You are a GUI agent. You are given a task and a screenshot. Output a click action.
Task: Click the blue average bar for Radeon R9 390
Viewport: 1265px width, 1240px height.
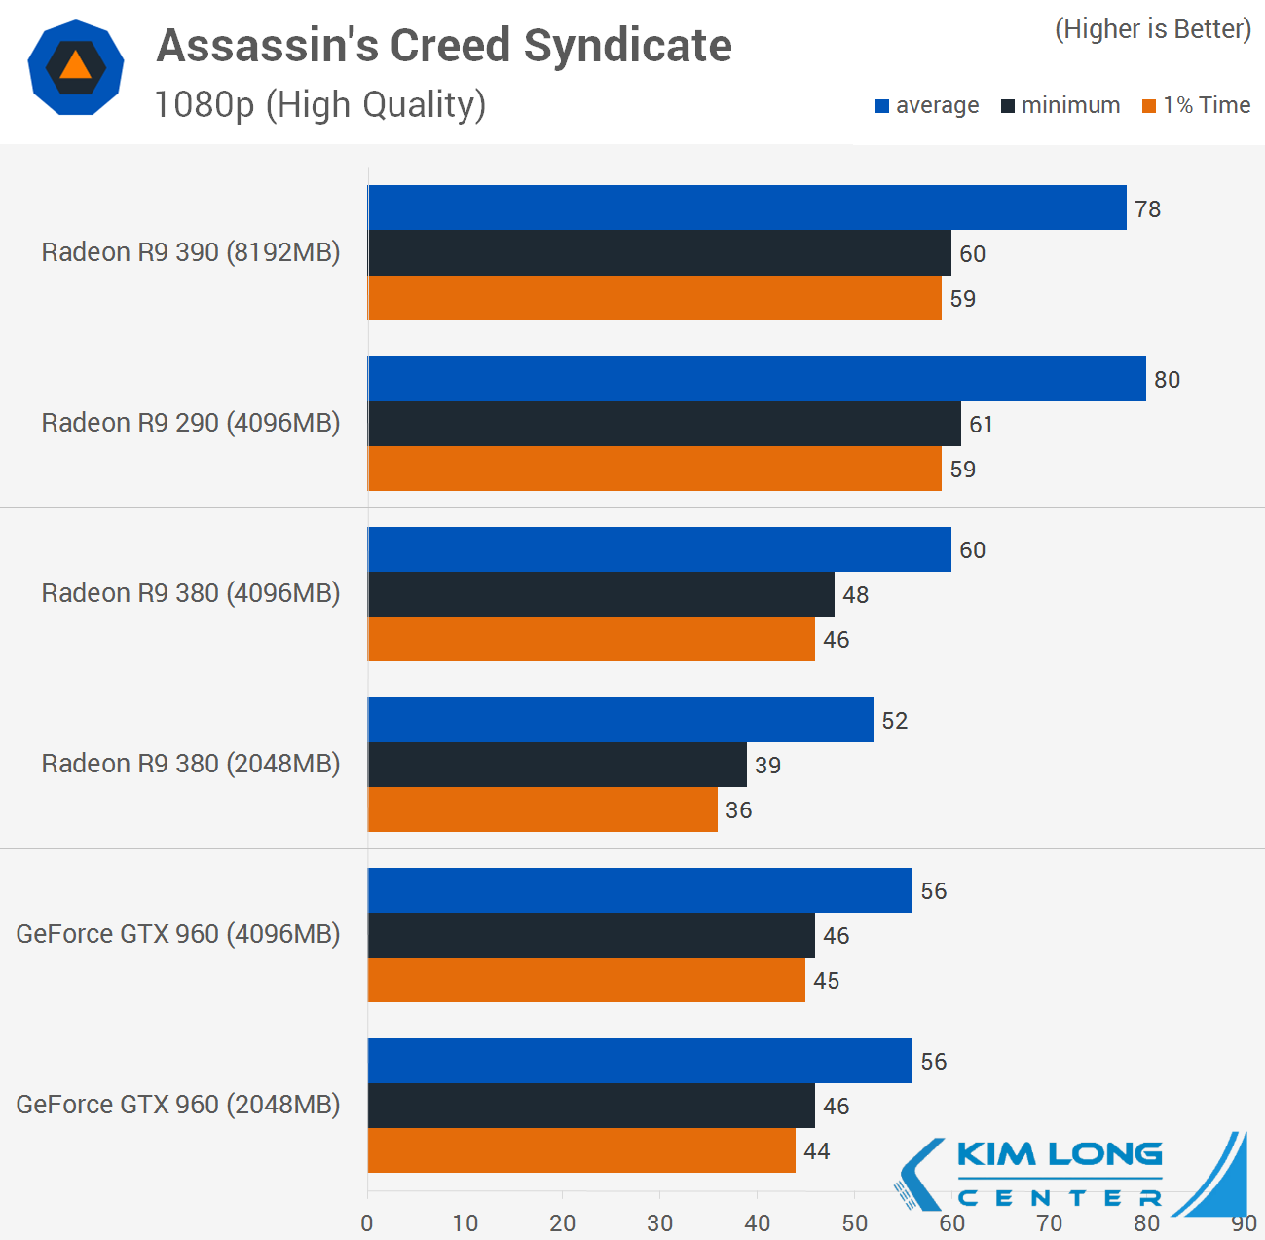pos(747,207)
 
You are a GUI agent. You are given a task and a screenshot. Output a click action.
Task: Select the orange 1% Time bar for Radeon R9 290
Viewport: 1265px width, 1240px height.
pos(654,469)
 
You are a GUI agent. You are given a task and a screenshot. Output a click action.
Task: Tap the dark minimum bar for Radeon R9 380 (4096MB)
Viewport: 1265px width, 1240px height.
pos(601,594)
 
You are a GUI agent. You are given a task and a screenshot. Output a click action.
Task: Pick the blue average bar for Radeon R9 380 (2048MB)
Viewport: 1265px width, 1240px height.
pos(620,720)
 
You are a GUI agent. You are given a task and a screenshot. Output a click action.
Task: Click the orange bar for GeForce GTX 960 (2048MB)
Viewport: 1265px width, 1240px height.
pos(581,1150)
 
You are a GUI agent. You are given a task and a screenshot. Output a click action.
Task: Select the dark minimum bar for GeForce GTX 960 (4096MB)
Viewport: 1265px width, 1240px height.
pos(591,935)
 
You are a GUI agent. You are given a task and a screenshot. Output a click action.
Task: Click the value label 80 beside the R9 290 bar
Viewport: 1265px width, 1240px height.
pos(1167,380)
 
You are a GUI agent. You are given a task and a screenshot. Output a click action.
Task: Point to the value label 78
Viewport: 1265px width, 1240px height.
pos(1147,209)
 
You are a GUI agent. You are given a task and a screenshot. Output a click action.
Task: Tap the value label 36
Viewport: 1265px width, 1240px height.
pos(738,810)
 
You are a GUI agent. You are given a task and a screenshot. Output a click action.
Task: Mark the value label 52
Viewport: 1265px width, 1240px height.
pos(894,721)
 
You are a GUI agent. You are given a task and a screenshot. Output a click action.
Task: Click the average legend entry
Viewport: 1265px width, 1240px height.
pos(927,105)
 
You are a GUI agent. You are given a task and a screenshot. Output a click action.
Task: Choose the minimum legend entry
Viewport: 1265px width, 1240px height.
pos(1060,105)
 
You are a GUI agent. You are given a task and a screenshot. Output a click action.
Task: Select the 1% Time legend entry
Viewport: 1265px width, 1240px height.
pos(1197,105)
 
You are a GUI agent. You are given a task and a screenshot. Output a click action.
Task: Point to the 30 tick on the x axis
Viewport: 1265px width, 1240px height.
pos(659,1223)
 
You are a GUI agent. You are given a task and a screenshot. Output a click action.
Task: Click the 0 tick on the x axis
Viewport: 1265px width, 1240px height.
pos(367,1223)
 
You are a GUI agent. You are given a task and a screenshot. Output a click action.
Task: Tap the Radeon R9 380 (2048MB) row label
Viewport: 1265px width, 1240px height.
pos(191,764)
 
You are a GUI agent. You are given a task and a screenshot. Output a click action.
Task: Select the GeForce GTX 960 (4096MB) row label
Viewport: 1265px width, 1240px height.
pos(178,934)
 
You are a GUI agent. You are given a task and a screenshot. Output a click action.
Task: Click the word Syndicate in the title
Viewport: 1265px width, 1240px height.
pos(627,46)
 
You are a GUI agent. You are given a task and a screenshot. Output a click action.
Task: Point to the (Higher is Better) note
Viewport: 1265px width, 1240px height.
pos(1152,29)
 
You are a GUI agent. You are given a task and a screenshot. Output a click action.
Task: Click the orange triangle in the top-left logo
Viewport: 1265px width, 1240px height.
pos(75,66)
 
